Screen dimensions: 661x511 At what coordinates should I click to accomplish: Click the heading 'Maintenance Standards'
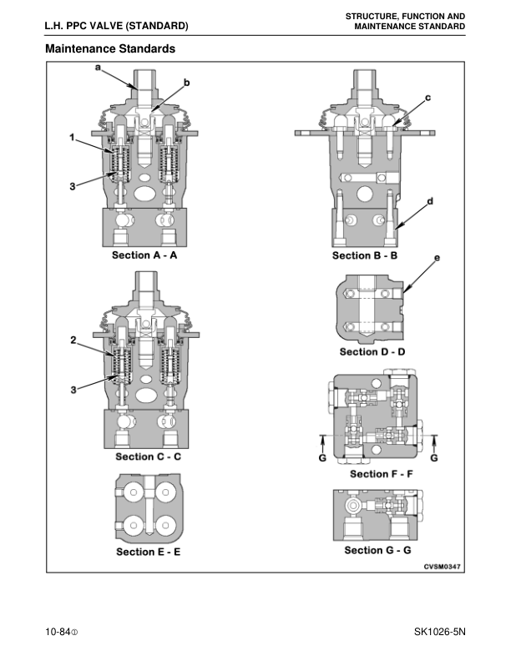click(110, 49)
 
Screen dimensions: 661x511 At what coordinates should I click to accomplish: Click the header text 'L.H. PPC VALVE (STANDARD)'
click(116, 26)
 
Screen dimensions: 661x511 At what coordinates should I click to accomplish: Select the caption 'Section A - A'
click(144, 255)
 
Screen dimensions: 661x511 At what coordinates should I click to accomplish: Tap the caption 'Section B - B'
click(364, 255)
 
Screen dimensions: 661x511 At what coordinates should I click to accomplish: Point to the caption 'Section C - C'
click(148, 457)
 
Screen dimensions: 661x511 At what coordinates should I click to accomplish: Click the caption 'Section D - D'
click(372, 351)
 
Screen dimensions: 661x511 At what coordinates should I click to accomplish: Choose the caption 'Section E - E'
click(148, 552)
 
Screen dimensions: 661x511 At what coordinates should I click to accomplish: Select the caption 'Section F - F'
click(381, 474)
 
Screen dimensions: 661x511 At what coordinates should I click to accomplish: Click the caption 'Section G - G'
click(377, 550)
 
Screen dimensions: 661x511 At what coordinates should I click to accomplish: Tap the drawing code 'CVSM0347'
click(442, 567)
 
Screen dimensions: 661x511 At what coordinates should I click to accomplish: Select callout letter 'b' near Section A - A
click(186, 82)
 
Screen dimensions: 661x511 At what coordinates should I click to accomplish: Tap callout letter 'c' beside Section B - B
click(428, 98)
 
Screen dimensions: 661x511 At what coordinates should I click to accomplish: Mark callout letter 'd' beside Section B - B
click(429, 201)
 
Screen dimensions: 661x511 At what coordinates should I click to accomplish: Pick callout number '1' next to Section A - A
click(73, 136)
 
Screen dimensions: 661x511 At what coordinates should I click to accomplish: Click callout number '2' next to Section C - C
click(73, 340)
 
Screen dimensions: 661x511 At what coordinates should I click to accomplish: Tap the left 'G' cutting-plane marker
click(323, 457)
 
